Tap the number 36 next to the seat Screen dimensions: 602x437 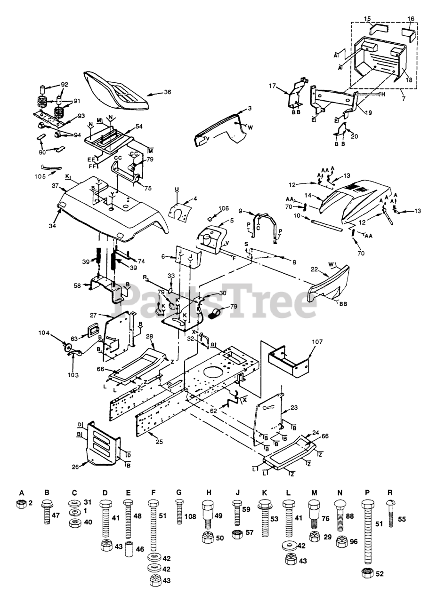(x=167, y=92)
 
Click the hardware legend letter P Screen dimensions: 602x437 (x=367, y=492)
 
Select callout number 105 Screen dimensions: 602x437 (x=40, y=177)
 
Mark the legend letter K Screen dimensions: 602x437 (x=265, y=492)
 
